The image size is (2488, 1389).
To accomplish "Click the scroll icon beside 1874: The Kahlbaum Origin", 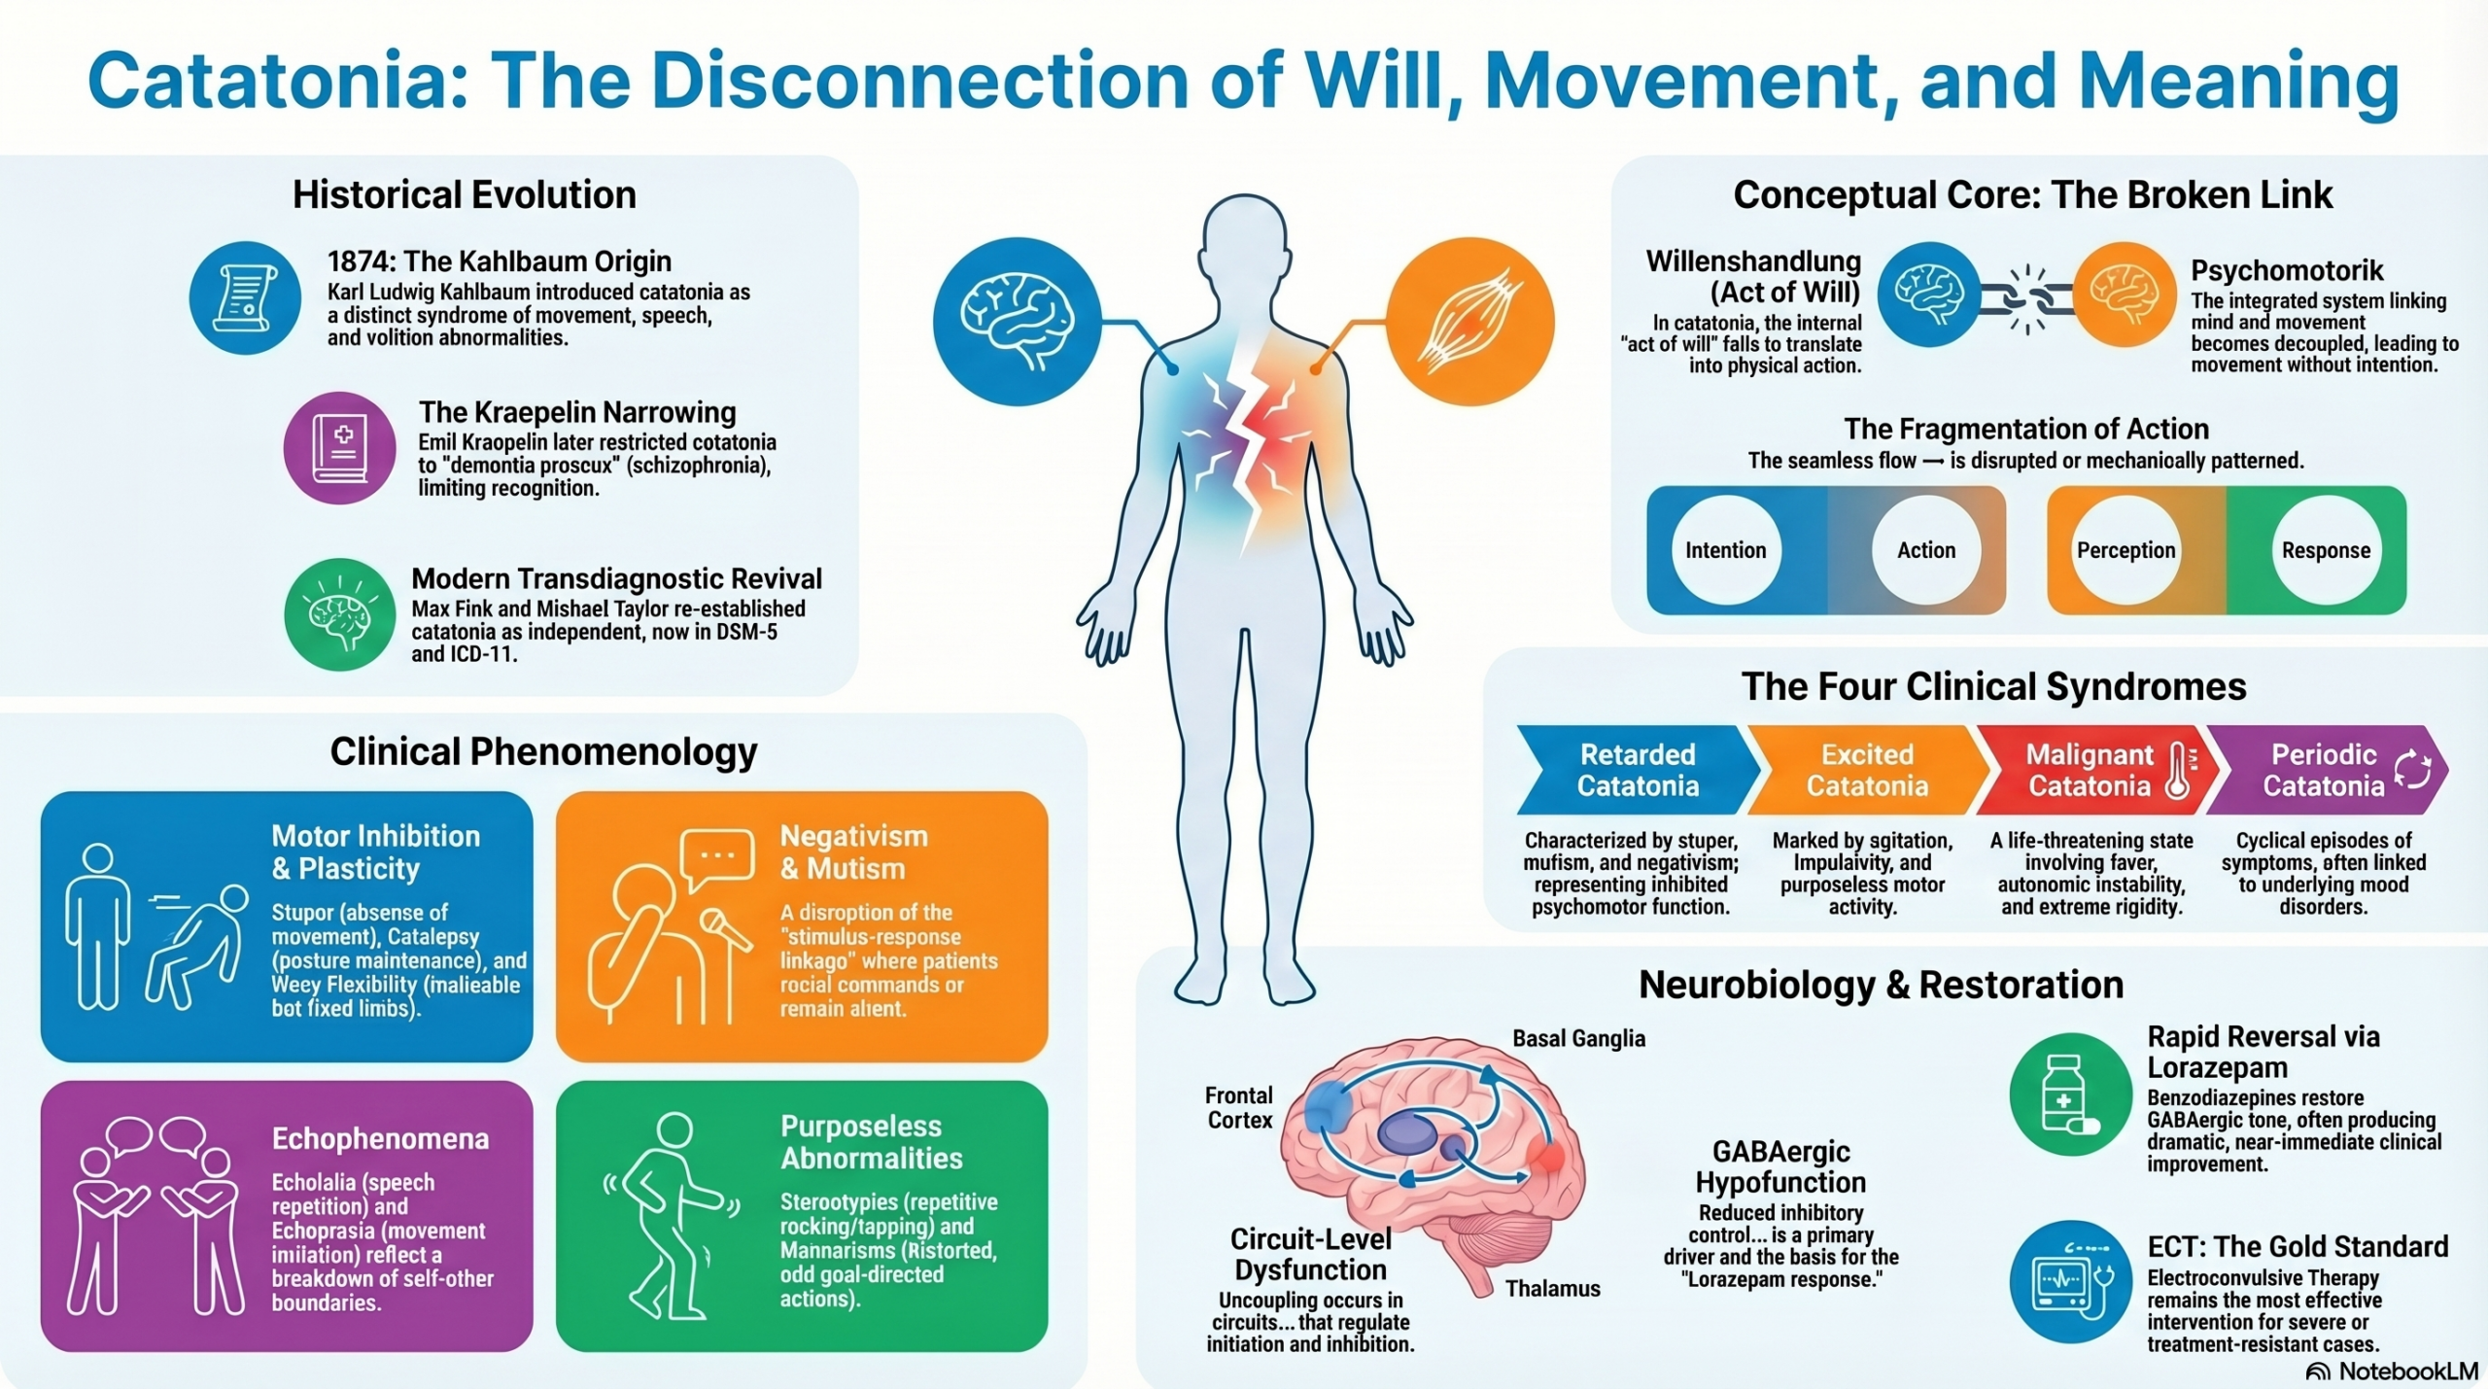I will point(245,297).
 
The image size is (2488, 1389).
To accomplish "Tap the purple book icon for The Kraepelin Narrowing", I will point(339,448).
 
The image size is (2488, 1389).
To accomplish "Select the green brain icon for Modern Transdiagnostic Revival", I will point(339,614).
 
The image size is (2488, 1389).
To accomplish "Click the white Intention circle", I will point(1725,550).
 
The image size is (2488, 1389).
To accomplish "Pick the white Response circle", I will point(2326,550).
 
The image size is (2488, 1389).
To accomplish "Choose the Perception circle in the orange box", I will point(2125,550).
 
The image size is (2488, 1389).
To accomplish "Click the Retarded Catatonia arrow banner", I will point(1637,770).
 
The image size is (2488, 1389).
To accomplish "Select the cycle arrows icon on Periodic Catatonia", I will point(2413,770).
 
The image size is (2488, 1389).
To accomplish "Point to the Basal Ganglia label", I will point(1578,1039).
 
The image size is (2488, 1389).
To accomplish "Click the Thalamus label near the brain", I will point(1552,1289).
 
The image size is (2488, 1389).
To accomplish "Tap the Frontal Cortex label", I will point(1239,1108).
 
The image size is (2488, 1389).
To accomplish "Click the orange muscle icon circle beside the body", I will point(1469,322).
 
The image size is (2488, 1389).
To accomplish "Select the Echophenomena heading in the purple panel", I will point(380,1139).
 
